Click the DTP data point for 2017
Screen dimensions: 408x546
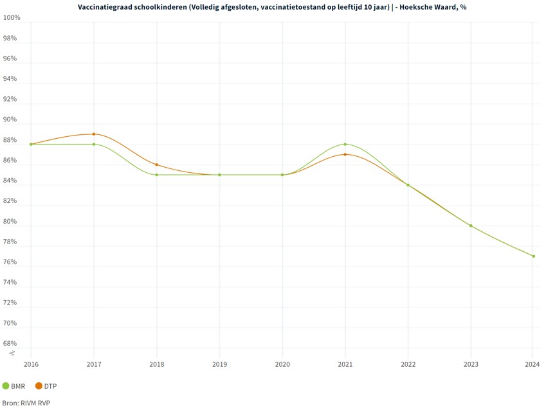click(94, 134)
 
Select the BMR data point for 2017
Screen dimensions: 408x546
click(94, 144)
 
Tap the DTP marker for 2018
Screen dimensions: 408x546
click(156, 164)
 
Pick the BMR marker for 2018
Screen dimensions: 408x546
click(156, 175)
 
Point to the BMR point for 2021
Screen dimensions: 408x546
click(345, 144)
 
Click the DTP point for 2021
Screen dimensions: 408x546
click(345, 154)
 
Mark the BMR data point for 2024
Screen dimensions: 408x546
click(534, 256)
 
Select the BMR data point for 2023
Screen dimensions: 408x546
click(471, 226)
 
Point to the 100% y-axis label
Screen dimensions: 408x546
click(12, 17)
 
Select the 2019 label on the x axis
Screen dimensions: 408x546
click(219, 364)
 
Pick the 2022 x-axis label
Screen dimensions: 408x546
click(408, 364)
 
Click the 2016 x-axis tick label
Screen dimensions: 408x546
click(31, 364)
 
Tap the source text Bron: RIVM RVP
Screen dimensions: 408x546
click(26, 402)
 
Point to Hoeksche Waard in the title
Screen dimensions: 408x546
click(430, 6)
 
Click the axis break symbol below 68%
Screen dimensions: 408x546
click(12, 353)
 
